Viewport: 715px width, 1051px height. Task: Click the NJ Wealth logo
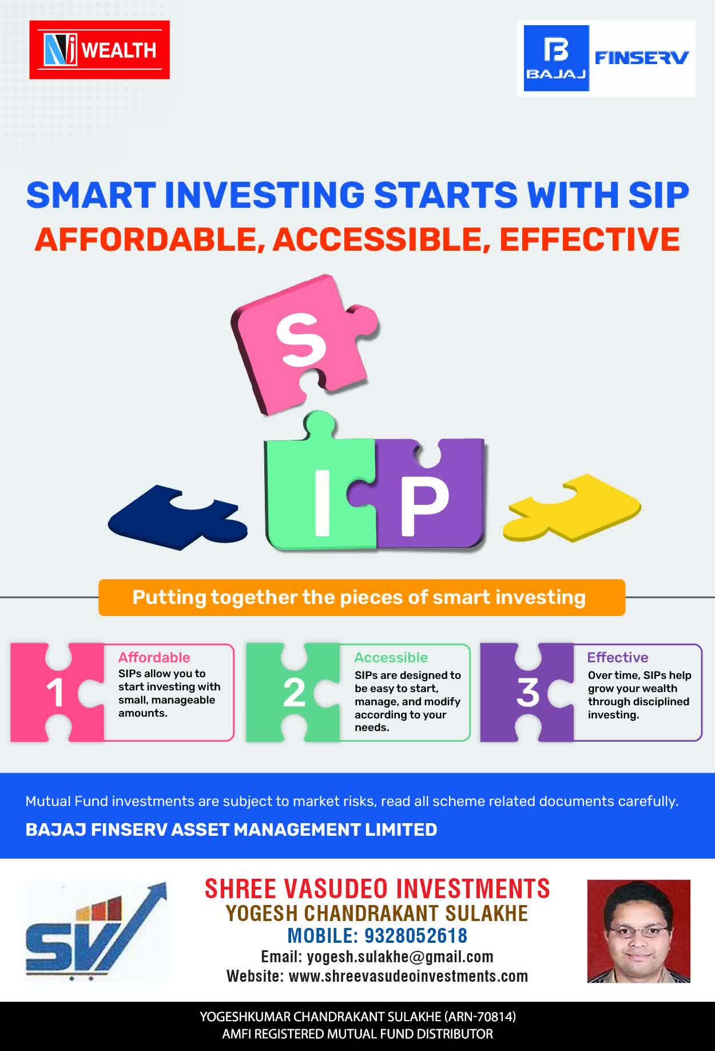[x=100, y=50]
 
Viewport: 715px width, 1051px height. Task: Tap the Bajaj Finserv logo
[x=606, y=58]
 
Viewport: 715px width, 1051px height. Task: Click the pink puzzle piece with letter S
[x=303, y=343]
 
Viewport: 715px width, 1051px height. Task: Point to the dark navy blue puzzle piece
[x=177, y=518]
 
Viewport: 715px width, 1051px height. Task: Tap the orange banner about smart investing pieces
[x=362, y=598]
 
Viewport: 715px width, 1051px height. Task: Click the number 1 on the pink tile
[x=55, y=693]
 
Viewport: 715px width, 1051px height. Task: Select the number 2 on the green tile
[x=294, y=693]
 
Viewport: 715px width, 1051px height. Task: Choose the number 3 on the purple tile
[x=528, y=693]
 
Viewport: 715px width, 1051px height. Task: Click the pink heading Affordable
[x=154, y=658]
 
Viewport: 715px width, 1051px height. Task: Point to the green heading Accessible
[x=391, y=658]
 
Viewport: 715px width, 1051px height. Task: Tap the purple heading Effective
[x=618, y=658]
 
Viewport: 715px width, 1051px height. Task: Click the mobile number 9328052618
[x=416, y=935]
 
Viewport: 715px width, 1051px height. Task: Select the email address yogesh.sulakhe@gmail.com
[x=400, y=957]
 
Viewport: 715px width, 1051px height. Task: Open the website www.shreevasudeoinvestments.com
[x=408, y=976]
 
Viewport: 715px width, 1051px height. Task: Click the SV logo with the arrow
[x=96, y=931]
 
